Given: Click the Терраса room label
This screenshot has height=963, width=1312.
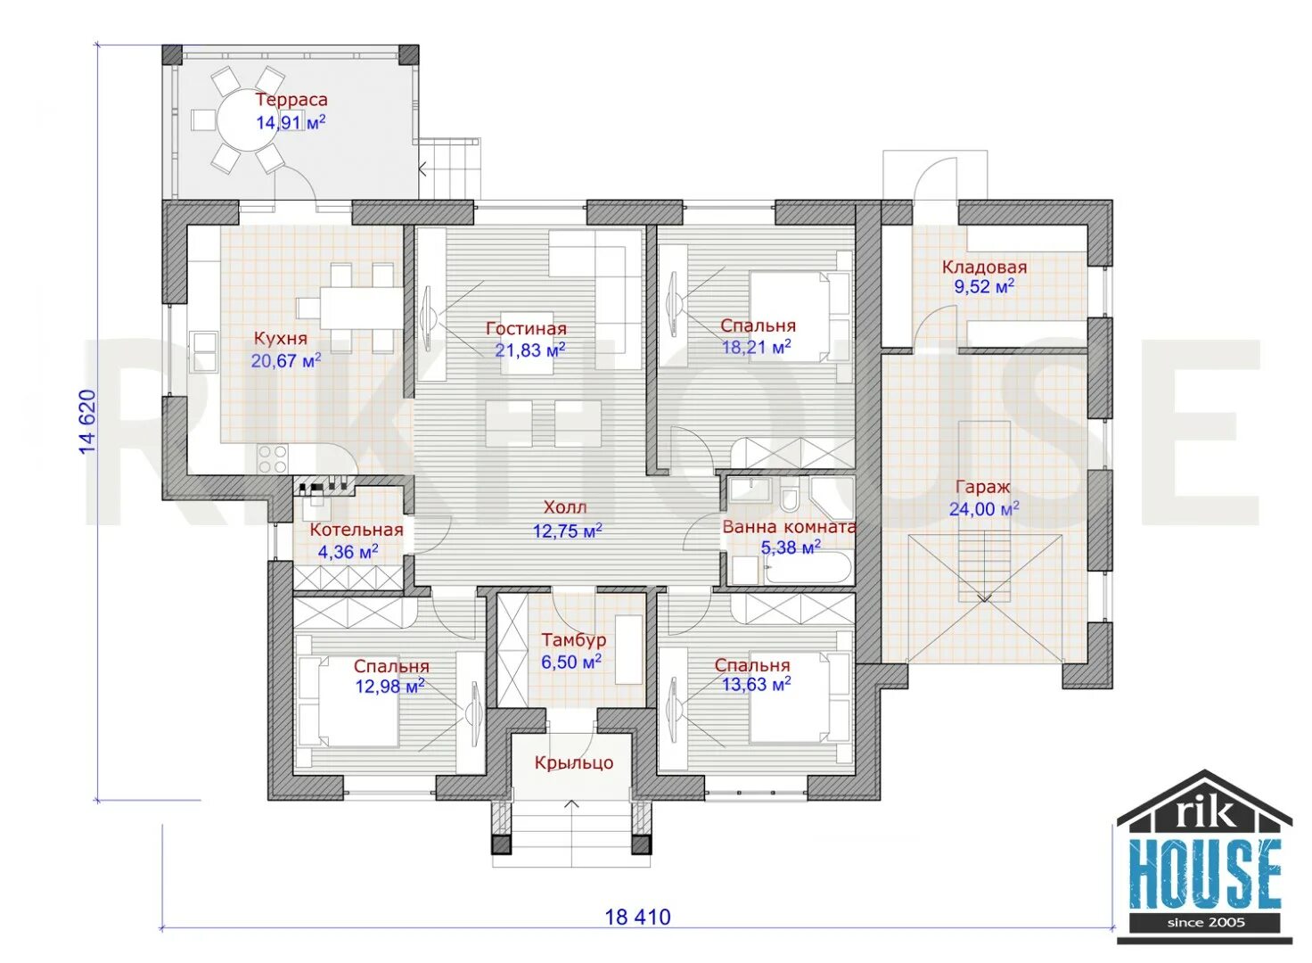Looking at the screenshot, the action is (x=291, y=100).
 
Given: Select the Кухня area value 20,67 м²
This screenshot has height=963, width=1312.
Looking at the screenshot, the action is (x=286, y=360).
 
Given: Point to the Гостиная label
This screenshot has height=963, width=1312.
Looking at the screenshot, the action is (x=526, y=328).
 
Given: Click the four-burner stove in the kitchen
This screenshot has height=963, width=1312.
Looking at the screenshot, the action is (x=272, y=459).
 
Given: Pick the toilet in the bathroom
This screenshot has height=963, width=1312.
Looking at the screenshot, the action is (x=790, y=498).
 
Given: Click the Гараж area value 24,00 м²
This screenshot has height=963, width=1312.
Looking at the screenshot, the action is (x=984, y=508).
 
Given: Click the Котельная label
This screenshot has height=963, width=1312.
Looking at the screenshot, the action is (x=357, y=530).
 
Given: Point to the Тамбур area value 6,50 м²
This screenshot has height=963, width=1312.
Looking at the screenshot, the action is (x=571, y=663).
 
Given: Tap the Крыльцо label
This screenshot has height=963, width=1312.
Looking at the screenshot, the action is (x=573, y=762).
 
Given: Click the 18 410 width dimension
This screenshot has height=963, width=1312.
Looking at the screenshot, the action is (x=637, y=917).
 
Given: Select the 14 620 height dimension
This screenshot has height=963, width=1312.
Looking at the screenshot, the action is (x=87, y=422).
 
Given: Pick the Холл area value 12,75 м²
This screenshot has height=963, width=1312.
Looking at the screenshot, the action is (x=567, y=531).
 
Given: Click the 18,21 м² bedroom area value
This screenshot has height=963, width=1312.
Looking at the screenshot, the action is (x=756, y=347).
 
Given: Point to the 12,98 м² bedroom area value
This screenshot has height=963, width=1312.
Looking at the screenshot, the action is (x=390, y=686).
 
